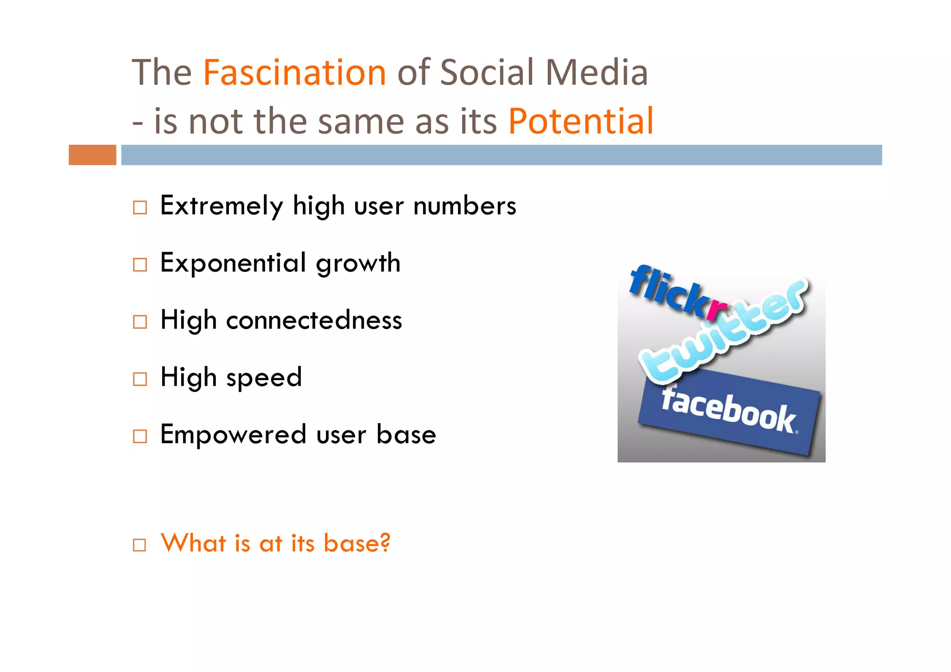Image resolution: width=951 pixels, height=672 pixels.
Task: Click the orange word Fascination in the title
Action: tap(294, 73)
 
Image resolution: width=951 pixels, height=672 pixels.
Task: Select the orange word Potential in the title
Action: tap(580, 122)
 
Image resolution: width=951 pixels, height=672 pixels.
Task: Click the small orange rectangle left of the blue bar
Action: tap(92, 155)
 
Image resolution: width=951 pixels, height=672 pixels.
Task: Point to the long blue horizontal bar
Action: tap(502, 155)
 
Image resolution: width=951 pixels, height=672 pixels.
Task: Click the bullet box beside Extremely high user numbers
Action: tap(140, 207)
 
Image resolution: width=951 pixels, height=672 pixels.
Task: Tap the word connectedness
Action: tap(314, 320)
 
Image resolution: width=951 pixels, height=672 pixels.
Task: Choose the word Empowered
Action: tap(233, 434)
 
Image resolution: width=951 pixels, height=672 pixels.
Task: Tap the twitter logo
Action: tap(724, 332)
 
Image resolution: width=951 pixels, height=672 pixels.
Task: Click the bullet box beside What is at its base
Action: tap(140, 545)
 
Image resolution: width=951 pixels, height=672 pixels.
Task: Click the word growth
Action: tap(358, 264)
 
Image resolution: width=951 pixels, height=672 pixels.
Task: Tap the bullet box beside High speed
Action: tap(140, 379)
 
